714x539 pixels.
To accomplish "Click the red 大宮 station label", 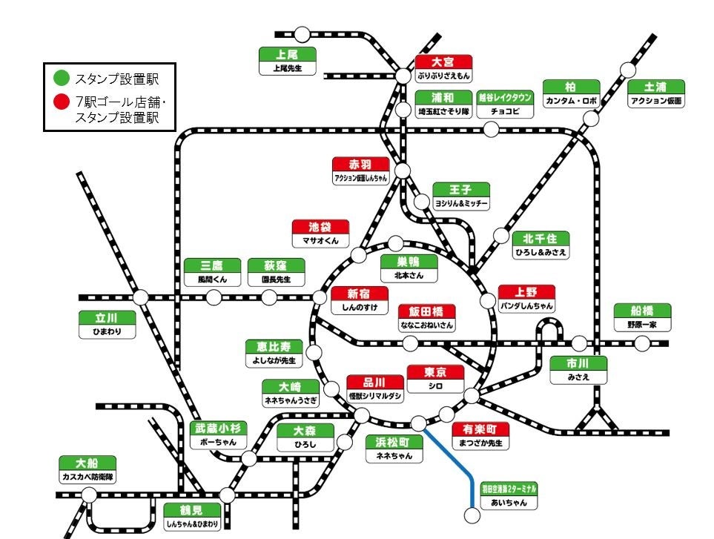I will pos(443,62).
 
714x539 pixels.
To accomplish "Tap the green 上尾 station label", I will pos(287,54).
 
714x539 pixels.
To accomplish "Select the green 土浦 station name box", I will pos(656,87).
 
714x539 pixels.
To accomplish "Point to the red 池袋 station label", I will pos(320,228).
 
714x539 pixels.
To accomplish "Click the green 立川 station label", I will pos(107,318).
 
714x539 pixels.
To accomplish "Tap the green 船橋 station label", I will pos(642,311).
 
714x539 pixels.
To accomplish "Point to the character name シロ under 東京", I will pos(435,386).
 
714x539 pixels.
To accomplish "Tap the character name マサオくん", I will pos(320,241).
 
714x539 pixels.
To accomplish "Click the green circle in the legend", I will pos(62,78).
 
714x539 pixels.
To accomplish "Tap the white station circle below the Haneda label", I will pos(472,515).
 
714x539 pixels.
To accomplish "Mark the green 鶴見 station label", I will pos(192,510).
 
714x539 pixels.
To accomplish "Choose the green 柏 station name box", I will pos(570,87).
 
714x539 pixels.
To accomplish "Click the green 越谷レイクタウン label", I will pos(505,97).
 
